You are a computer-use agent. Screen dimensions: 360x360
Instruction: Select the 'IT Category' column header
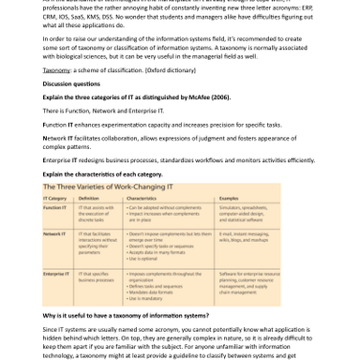[x=55, y=199]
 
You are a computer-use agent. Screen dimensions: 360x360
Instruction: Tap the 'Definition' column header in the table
[x=89, y=199]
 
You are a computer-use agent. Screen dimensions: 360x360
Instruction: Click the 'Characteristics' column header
[x=142, y=199]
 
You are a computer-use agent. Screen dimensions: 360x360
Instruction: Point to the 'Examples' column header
[x=230, y=199]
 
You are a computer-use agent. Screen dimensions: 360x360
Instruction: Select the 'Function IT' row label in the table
[x=55, y=207]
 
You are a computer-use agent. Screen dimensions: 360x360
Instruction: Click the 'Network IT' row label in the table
[x=55, y=233]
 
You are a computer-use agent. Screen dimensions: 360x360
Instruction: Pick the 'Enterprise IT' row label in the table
[x=57, y=273]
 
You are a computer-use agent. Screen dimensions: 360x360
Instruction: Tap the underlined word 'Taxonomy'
[x=56, y=70]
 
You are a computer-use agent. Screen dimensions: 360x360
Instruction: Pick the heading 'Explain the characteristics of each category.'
[x=102, y=173]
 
